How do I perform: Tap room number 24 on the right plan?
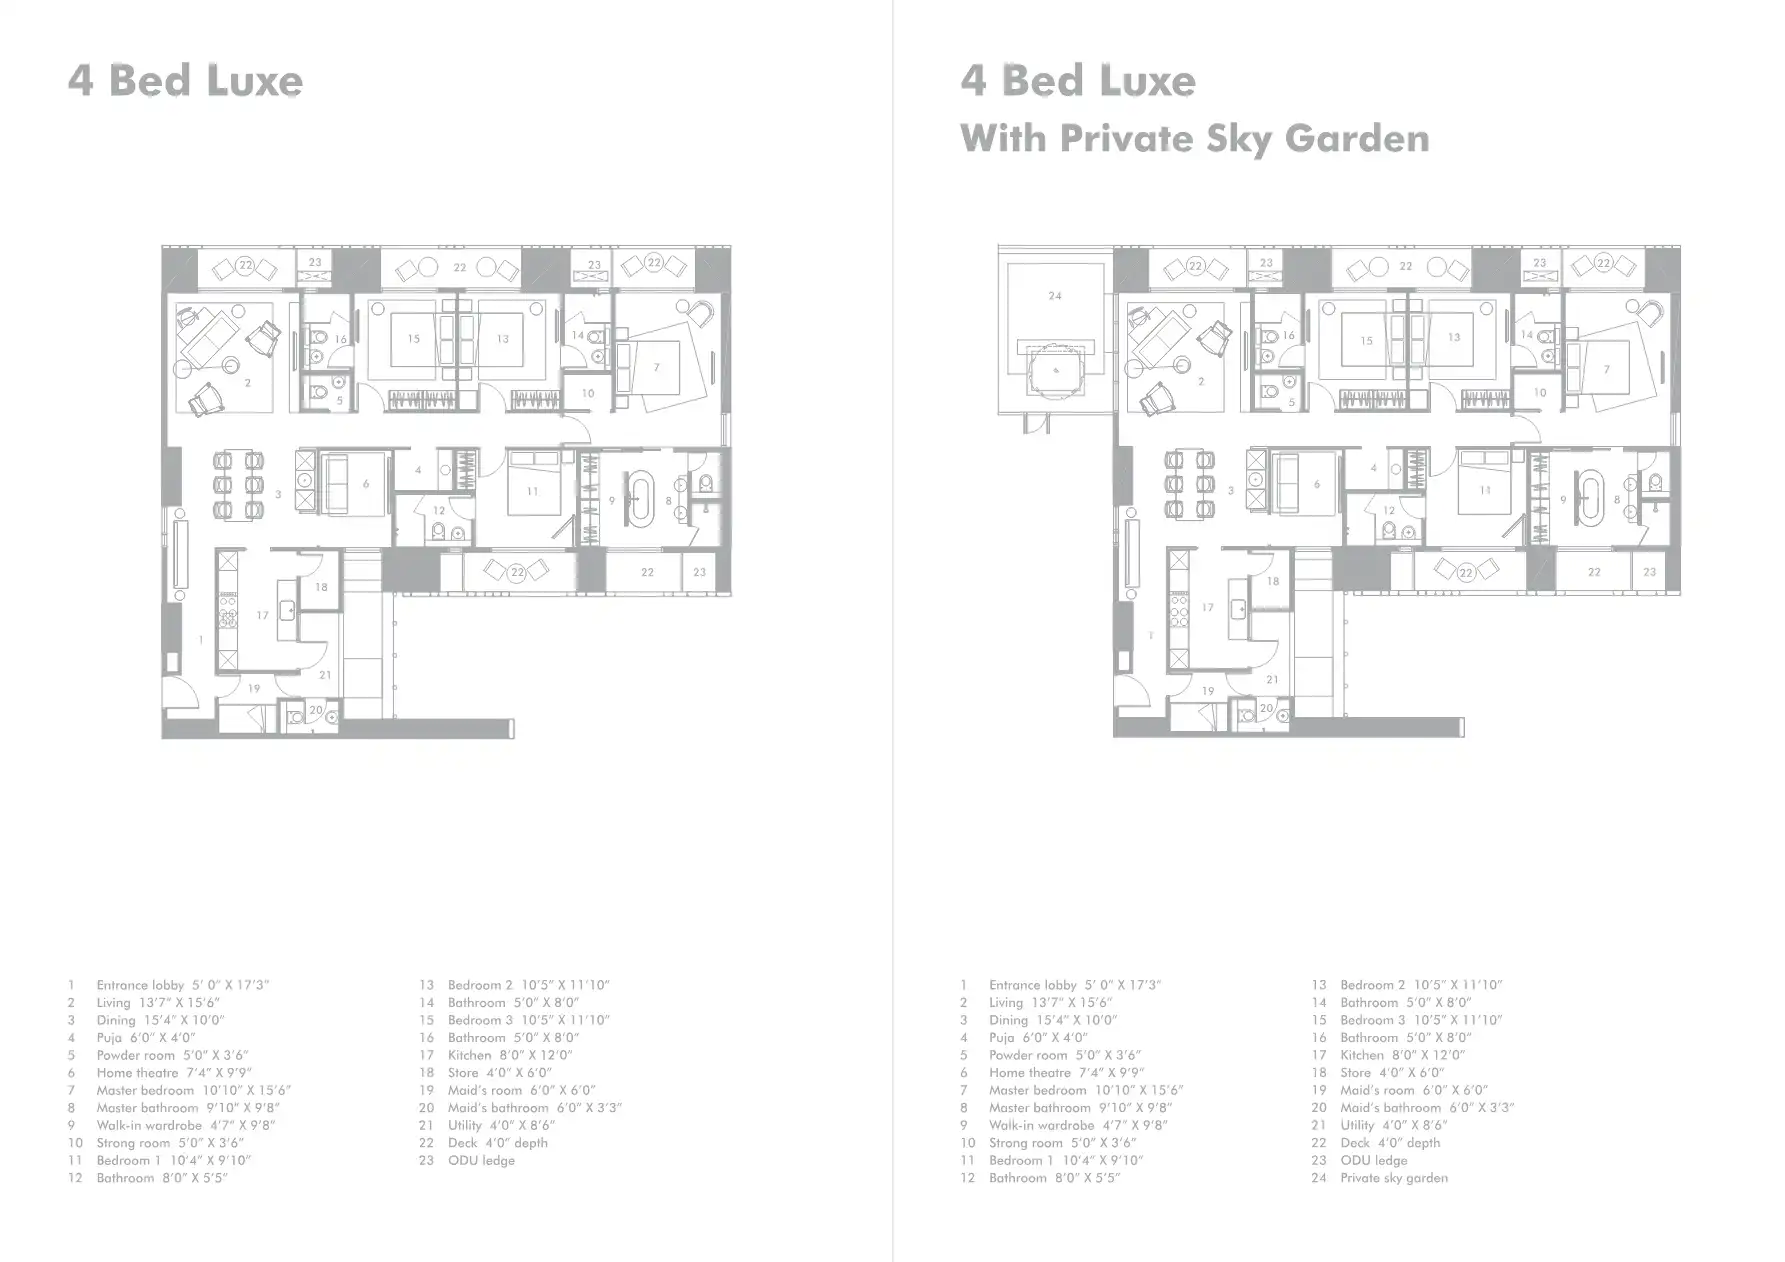pos(1055,296)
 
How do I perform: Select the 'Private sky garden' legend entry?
pos(1393,1178)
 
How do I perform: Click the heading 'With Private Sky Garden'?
pos(1194,138)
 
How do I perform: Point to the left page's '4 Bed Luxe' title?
pos(186,81)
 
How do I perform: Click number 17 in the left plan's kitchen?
pos(262,615)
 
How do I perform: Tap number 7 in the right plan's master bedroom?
pos(1607,369)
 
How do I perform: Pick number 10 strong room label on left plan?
pos(588,393)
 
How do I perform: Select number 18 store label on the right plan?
pos(1273,581)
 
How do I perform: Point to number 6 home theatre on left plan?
pos(366,484)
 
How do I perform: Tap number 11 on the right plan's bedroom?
pos(1485,490)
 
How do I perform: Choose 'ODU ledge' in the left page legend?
pos(481,1160)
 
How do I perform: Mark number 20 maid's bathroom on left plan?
pos(315,710)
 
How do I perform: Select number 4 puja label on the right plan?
pos(1374,468)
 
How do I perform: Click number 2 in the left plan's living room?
pos(247,383)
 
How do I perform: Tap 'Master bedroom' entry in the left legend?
pos(193,1090)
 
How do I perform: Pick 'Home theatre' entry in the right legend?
pos(1066,1073)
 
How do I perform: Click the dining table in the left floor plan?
pos(239,486)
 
